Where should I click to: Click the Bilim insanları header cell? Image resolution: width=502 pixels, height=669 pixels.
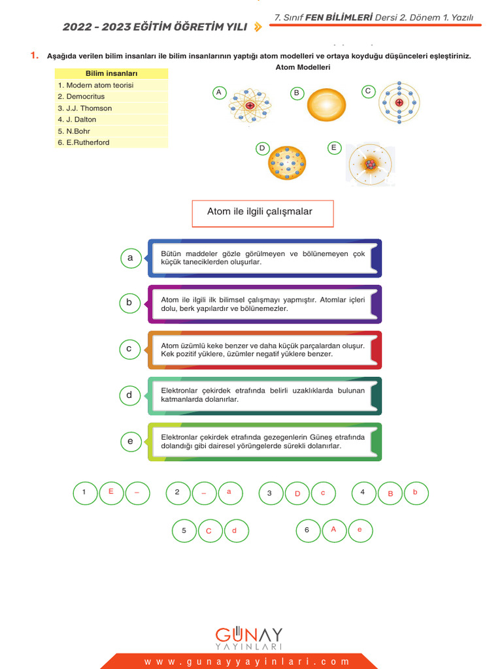point(111,74)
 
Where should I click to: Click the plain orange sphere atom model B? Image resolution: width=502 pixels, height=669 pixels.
point(327,105)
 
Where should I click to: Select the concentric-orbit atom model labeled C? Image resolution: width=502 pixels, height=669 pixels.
point(399,103)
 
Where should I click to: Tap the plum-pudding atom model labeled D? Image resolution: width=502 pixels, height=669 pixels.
point(287,163)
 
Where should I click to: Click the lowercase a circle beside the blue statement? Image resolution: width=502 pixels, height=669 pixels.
point(130,258)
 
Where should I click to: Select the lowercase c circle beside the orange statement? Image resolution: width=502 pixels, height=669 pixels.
point(129,349)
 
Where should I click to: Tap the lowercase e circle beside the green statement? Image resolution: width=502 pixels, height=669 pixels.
point(130,442)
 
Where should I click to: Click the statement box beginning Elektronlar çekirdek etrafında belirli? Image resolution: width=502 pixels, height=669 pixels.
point(264,395)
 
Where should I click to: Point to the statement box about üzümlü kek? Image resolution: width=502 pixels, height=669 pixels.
point(264,350)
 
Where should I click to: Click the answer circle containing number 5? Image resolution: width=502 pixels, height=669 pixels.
point(184,530)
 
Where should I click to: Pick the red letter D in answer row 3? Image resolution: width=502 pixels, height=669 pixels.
point(297,493)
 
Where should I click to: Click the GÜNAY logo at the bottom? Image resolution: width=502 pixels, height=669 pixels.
point(249,638)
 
